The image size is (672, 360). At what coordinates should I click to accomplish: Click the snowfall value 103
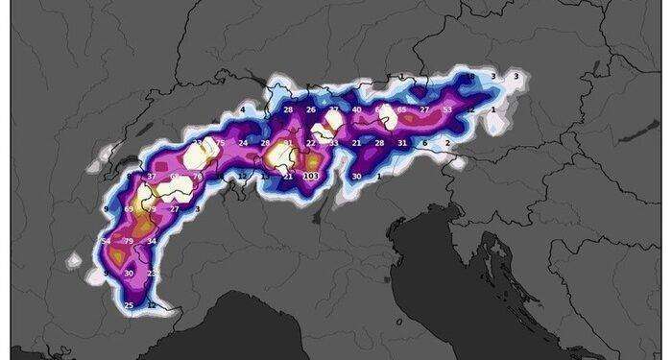point(310,177)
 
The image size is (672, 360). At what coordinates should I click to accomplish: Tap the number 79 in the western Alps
point(129,240)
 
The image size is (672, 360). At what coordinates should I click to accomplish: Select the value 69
point(129,208)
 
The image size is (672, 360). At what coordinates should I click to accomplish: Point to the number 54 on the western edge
point(106,240)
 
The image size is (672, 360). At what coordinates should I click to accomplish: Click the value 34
point(152,241)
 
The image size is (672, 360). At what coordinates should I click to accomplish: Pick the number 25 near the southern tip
point(129,305)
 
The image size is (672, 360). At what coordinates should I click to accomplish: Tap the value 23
point(152,274)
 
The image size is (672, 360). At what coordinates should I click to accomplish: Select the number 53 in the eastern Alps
point(447,110)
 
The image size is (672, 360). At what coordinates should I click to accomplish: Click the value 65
point(401,110)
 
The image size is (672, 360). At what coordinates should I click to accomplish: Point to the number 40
point(356,110)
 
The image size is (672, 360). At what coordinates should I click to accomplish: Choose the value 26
point(310,110)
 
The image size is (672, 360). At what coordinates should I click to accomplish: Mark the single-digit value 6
point(424,143)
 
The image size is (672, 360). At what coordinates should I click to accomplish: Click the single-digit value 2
point(447,143)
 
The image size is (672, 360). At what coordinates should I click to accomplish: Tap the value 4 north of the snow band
point(243,110)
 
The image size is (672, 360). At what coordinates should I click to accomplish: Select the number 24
point(243,143)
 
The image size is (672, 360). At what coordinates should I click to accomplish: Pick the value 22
point(310,143)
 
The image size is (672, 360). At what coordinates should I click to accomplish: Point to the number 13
point(266,177)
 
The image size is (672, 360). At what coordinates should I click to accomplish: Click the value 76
point(197,177)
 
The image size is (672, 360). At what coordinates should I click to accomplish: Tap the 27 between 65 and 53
point(424,110)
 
